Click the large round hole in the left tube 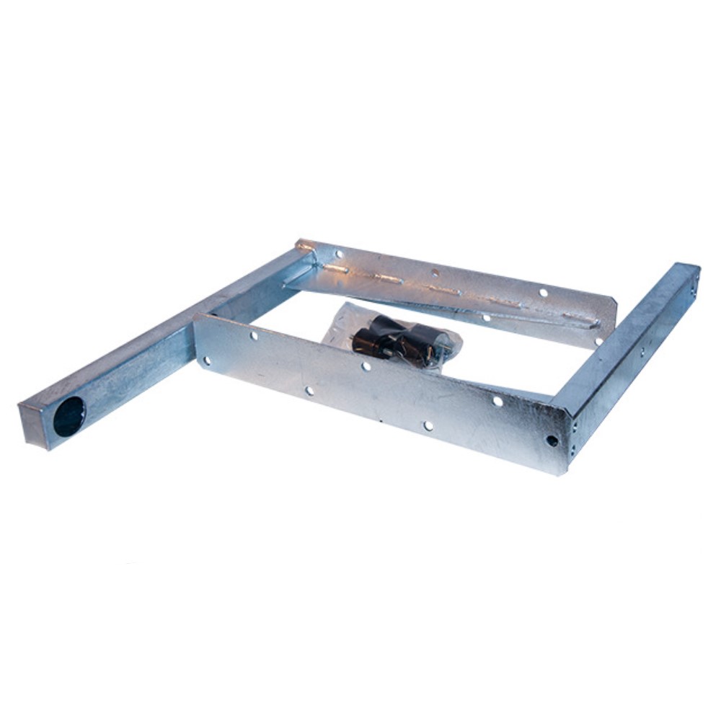coord(69,416)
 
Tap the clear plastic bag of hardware coord(389,336)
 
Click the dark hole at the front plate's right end coord(552,440)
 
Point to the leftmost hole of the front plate coord(207,360)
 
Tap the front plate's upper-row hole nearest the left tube coord(254,336)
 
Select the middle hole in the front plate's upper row coord(366,366)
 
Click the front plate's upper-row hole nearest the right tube coord(497,401)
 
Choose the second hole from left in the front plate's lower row coord(309,391)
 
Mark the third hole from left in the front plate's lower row coord(428,426)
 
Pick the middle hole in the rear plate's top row coord(434,273)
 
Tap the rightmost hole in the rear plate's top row coord(544,293)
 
